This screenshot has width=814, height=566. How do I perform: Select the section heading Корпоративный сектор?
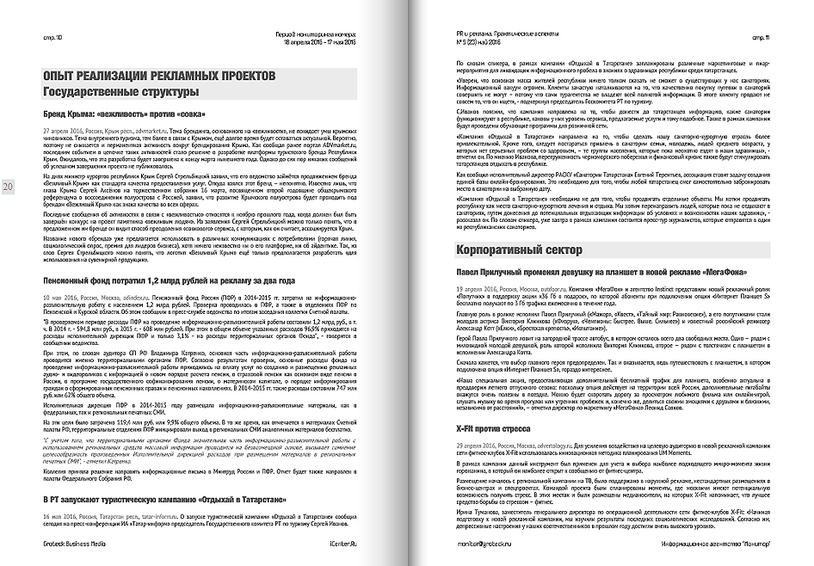pyautogui.click(x=519, y=249)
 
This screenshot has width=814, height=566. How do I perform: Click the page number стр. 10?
pyautogui.click(x=52, y=38)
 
